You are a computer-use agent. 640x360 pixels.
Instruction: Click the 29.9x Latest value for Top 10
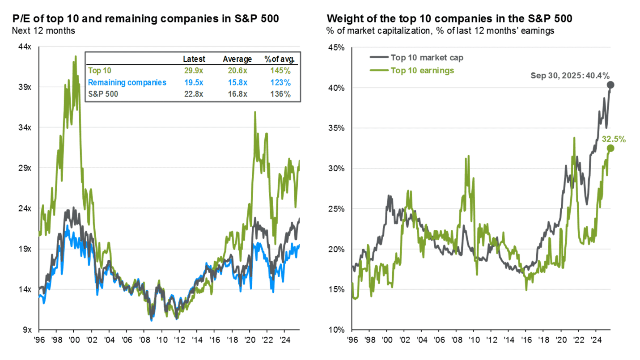coord(194,71)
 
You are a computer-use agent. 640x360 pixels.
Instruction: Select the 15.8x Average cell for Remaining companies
coord(237,82)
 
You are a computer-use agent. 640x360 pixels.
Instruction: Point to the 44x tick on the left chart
coord(25,47)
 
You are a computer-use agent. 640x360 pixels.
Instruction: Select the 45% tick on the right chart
coord(337,47)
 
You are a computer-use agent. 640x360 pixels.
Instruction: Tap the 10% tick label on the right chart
coord(337,330)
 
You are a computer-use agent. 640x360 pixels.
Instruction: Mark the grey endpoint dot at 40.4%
coord(610,85)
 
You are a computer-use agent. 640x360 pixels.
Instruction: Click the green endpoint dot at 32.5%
coord(610,148)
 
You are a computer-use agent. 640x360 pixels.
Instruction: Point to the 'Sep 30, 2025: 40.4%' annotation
coord(570,75)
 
